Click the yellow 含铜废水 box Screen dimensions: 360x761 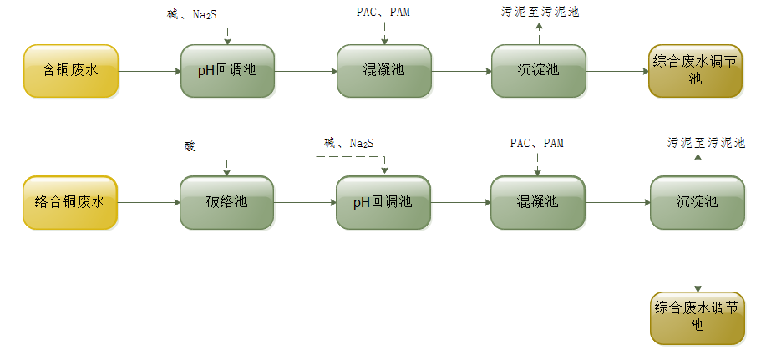(x=71, y=71)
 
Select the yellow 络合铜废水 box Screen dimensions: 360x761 (x=71, y=202)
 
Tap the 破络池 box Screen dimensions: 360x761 (x=227, y=202)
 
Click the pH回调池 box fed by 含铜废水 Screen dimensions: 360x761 (x=227, y=71)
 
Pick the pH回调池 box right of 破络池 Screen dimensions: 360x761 (x=383, y=202)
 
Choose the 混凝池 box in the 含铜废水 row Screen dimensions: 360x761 (x=383, y=71)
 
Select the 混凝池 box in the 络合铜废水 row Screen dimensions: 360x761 (x=537, y=202)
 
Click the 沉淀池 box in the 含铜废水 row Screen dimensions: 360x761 (x=538, y=71)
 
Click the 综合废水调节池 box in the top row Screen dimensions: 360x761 (x=696, y=71)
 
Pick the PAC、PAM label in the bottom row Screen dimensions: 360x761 (x=537, y=143)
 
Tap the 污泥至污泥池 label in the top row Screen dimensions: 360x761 (x=539, y=12)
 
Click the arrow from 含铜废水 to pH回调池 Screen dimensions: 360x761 (x=150, y=71)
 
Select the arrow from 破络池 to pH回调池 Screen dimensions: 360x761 (x=305, y=202)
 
